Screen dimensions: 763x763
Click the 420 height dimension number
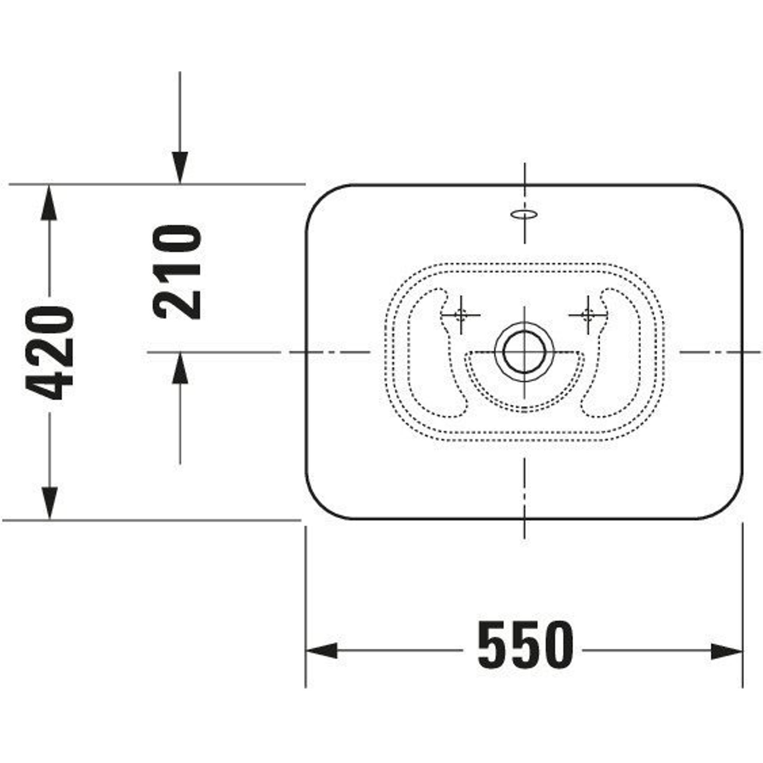49,353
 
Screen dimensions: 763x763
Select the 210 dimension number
177,272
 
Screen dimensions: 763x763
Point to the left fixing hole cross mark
460,315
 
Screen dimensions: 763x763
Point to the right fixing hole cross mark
588,315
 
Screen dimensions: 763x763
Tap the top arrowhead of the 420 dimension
49,202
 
